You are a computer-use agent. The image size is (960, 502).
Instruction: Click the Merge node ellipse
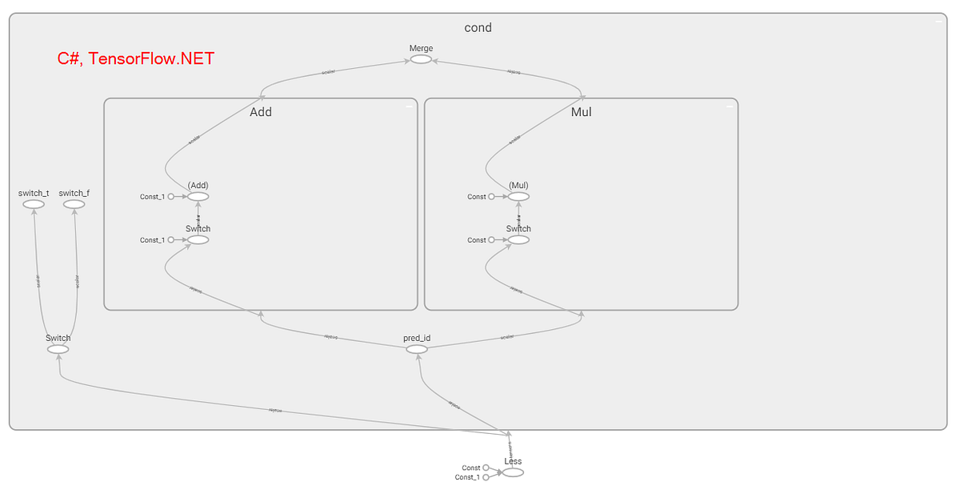[x=421, y=59]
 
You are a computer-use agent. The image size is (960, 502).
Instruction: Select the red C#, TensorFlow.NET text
[x=135, y=58]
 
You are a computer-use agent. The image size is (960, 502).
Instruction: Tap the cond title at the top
[x=478, y=27]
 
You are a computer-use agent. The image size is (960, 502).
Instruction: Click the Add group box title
[x=261, y=112]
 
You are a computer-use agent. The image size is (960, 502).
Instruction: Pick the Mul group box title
[x=581, y=112]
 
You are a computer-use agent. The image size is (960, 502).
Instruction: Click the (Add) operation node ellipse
[x=198, y=196]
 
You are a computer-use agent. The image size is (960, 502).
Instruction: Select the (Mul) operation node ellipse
[x=518, y=196]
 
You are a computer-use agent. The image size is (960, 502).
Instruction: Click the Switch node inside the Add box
[x=198, y=239]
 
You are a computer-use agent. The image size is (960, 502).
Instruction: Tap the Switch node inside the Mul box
[x=518, y=239]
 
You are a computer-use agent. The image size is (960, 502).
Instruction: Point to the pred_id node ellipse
[x=417, y=349]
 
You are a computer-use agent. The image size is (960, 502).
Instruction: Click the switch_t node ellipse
[x=34, y=204]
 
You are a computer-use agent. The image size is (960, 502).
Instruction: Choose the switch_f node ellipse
[x=74, y=204]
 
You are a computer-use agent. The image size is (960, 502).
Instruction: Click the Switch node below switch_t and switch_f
[x=58, y=349]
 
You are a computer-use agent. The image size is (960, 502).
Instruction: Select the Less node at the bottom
[x=513, y=472]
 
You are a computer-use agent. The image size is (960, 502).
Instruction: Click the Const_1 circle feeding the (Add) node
[x=171, y=196]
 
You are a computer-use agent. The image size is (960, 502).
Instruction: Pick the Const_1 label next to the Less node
[x=467, y=477]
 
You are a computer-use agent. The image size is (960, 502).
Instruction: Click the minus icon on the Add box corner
[x=409, y=106]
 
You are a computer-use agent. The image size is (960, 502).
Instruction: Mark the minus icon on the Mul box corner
[x=729, y=106]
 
